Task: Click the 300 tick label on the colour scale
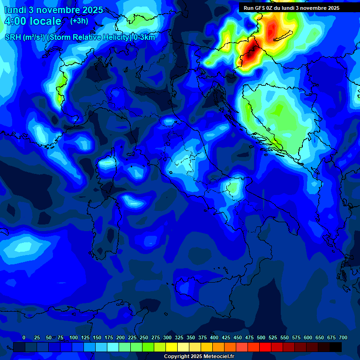pyautogui.click(x=167, y=337)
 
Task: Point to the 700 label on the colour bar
pyautogui.click(x=343, y=337)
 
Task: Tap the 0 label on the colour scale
pyautogui.click(x=24, y=337)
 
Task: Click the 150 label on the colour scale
pyautogui.click(x=97, y=337)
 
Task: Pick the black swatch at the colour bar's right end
pyautogui.click(x=336, y=347)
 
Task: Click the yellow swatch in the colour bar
pyautogui.click(x=172, y=347)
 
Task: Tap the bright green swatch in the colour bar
pyautogui.click(x=148, y=347)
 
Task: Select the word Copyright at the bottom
pyautogui.click(x=177, y=357)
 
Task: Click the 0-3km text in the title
pyautogui.click(x=144, y=37)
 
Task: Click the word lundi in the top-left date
pyautogui.click(x=15, y=9)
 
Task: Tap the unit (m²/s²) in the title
pyautogui.click(x=34, y=37)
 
